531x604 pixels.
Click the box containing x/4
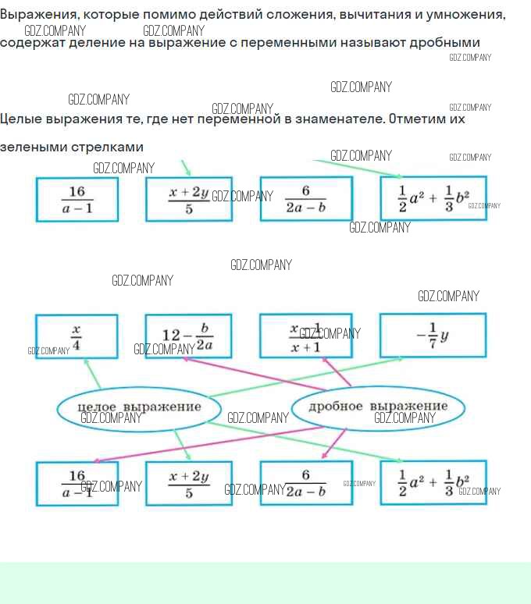[x=77, y=336]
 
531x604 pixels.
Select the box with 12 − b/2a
[x=188, y=336]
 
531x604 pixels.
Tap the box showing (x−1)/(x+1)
[x=306, y=336]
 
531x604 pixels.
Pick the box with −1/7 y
[x=433, y=336]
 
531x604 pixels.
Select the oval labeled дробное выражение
[x=378, y=407]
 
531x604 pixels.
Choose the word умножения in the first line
[x=469, y=15]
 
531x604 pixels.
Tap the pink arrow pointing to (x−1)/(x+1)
[x=337, y=372]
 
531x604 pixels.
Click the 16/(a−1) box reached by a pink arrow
[x=77, y=484]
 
